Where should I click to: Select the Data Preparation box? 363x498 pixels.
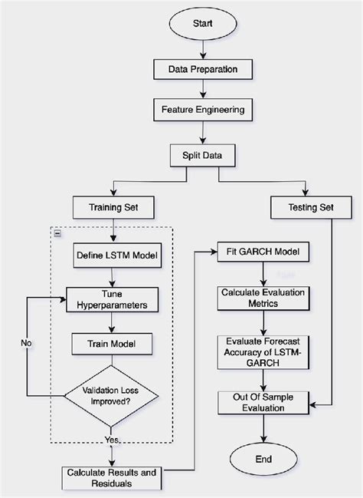click(x=202, y=70)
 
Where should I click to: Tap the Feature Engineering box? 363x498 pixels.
click(x=202, y=110)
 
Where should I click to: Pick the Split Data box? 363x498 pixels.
click(x=202, y=154)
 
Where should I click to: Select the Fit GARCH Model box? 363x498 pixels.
click(x=263, y=252)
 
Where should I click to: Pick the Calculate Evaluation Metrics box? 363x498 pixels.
click(x=263, y=298)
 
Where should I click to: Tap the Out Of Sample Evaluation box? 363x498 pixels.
click(x=263, y=402)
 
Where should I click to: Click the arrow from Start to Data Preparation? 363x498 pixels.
click(x=202, y=51)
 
